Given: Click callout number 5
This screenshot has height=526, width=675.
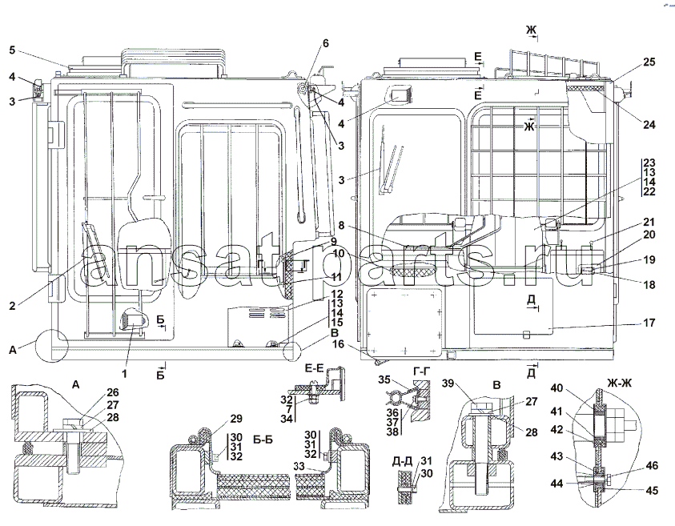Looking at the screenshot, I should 11,49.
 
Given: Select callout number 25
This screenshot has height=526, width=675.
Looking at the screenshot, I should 649,62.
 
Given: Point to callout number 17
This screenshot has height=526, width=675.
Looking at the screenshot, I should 649,323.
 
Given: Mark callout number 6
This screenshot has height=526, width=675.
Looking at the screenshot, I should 326,42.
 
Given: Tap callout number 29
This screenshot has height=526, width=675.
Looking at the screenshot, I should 235,419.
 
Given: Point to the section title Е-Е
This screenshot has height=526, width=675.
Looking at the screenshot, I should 314,369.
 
